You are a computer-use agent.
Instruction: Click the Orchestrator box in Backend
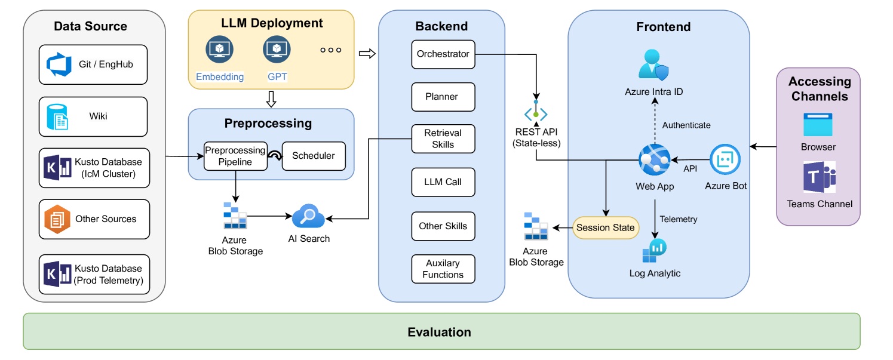443,54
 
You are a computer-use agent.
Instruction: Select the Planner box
443,97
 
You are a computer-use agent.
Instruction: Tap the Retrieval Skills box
443,139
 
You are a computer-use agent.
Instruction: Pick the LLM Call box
443,182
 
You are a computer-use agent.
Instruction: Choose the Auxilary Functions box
443,269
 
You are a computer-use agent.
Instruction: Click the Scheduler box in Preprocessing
314,156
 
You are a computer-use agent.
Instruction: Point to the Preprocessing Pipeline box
235,156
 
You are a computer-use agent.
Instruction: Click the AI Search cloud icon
308,217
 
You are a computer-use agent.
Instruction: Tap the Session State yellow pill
605,227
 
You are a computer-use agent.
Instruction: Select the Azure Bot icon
725,159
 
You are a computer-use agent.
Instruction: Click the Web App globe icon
654,159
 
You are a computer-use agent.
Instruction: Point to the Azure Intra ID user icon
653,64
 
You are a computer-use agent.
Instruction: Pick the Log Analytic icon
655,251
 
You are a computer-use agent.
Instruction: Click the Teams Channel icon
819,177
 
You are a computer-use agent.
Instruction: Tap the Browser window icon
818,124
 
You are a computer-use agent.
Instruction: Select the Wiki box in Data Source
93,116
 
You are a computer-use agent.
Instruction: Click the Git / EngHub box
93,64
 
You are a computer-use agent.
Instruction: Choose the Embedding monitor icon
219,50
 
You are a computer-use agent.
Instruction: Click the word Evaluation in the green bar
439,332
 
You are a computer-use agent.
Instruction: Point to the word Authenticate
686,125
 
